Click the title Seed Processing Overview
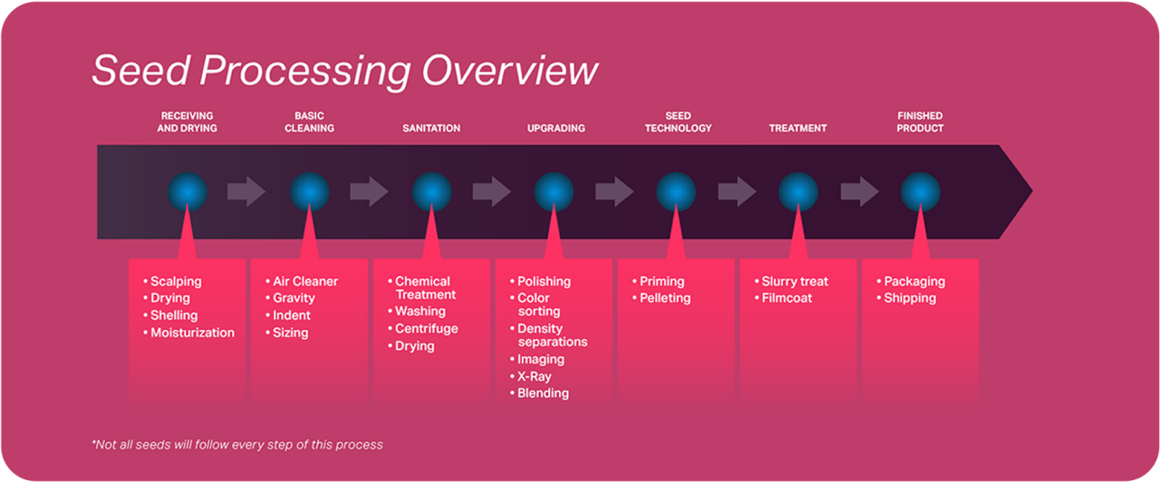click(x=344, y=71)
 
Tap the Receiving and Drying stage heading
click(x=187, y=122)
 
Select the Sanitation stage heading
click(x=431, y=129)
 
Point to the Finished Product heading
click(x=920, y=122)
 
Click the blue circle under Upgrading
click(x=554, y=192)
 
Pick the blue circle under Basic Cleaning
click(x=309, y=192)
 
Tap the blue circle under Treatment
click(x=798, y=192)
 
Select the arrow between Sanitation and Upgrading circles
click(x=491, y=192)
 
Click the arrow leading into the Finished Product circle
click(x=859, y=192)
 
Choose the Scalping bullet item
click(x=176, y=282)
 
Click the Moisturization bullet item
click(x=192, y=333)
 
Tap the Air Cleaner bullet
click(x=305, y=282)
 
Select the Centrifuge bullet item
click(x=426, y=329)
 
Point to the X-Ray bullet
click(x=534, y=376)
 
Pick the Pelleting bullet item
click(x=665, y=298)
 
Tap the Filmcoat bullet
click(x=787, y=298)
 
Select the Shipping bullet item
click(x=910, y=298)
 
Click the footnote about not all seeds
click(x=237, y=445)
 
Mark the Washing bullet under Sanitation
click(x=420, y=312)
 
